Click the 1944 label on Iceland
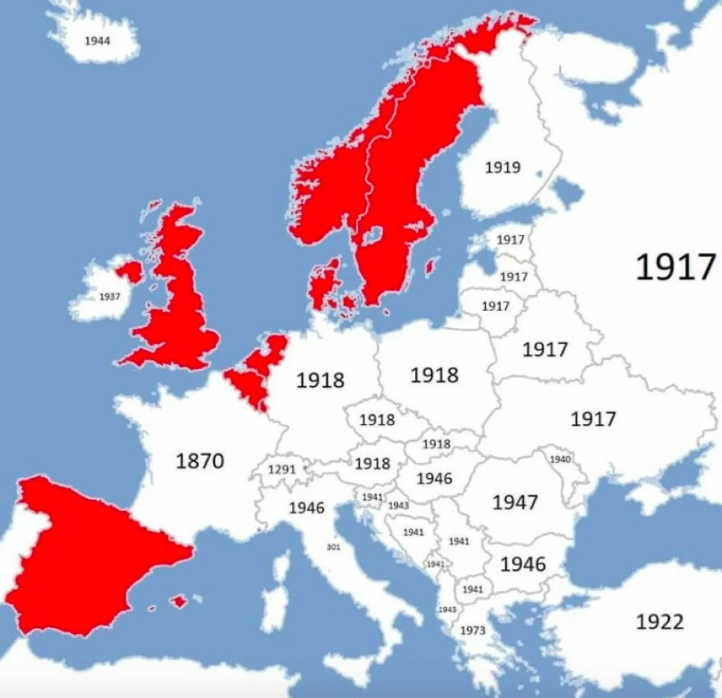pos(98,39)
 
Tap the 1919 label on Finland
pos(502,167)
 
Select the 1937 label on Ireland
pos(109,297)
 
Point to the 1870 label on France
pos(200,461)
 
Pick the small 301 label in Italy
pos(333,547)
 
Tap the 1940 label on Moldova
pos(560,459)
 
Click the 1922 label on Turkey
pos(660,622)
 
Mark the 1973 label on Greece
pos(473,631)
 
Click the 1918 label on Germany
pos(321,381)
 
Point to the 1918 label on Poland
pos(434,375)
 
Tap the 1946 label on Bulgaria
pos(523,564)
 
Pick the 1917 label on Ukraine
pos(593,419)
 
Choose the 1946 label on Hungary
pos(434,478)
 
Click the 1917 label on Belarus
pos(546,349)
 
